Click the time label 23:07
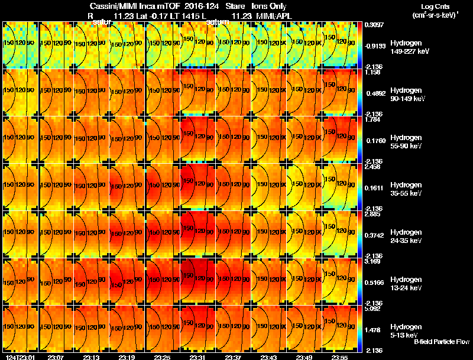point(56,356)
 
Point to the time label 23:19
point(127,356)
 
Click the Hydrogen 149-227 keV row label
point(409,47)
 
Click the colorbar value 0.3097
point(374,25)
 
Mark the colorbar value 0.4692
point(374,93)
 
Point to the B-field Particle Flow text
point(442,342)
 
